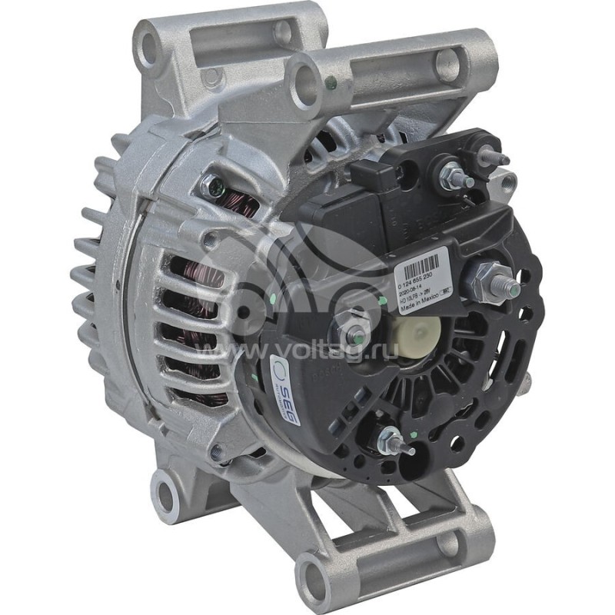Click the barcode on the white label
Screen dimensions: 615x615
421,268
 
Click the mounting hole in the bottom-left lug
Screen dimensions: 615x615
165,487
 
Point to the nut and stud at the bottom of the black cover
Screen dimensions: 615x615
392,440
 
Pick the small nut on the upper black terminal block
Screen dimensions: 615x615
451,175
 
